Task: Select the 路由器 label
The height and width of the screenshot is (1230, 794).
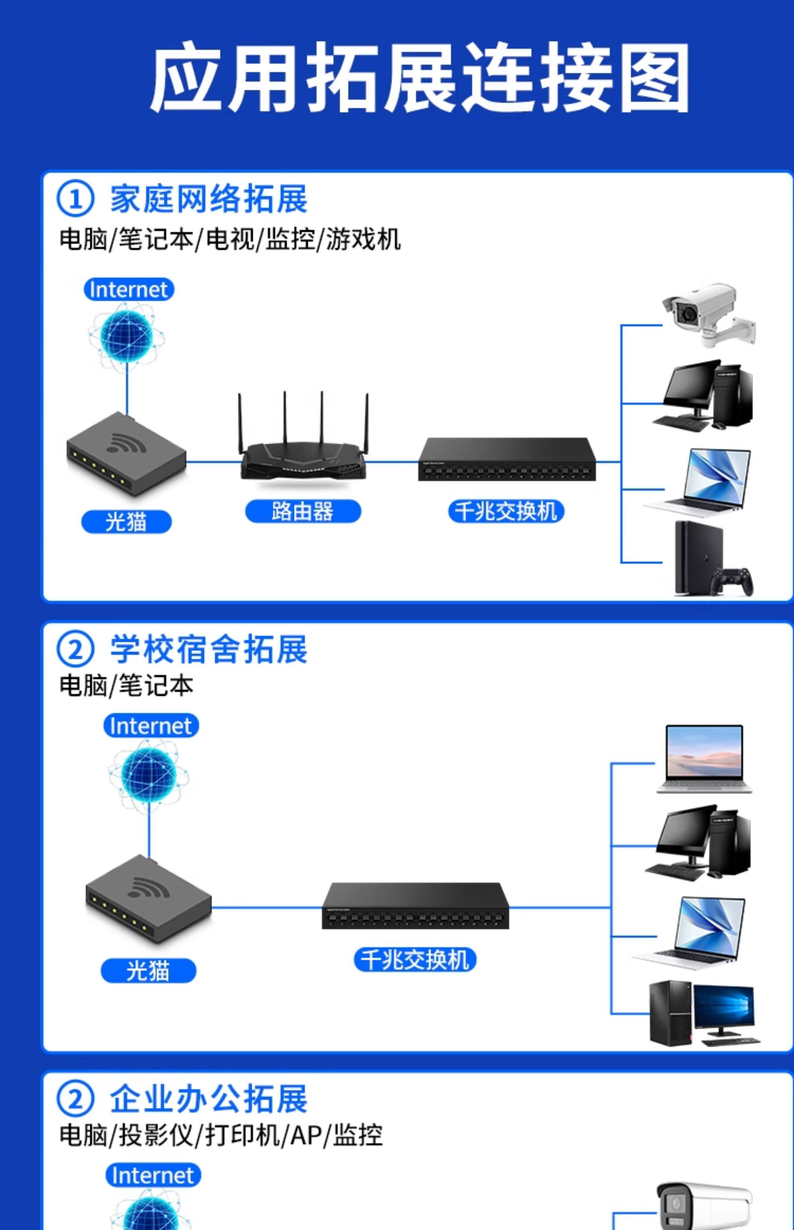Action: click(x=303, y=512)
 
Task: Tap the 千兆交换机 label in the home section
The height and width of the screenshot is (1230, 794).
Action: click(x=506, y=512)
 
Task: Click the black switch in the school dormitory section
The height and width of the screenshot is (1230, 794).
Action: click(x=415, y=906)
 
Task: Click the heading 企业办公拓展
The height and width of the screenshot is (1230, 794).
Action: click(x=208, y=1098)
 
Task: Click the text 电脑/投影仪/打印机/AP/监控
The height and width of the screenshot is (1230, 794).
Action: click(x=221, y=1136)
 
